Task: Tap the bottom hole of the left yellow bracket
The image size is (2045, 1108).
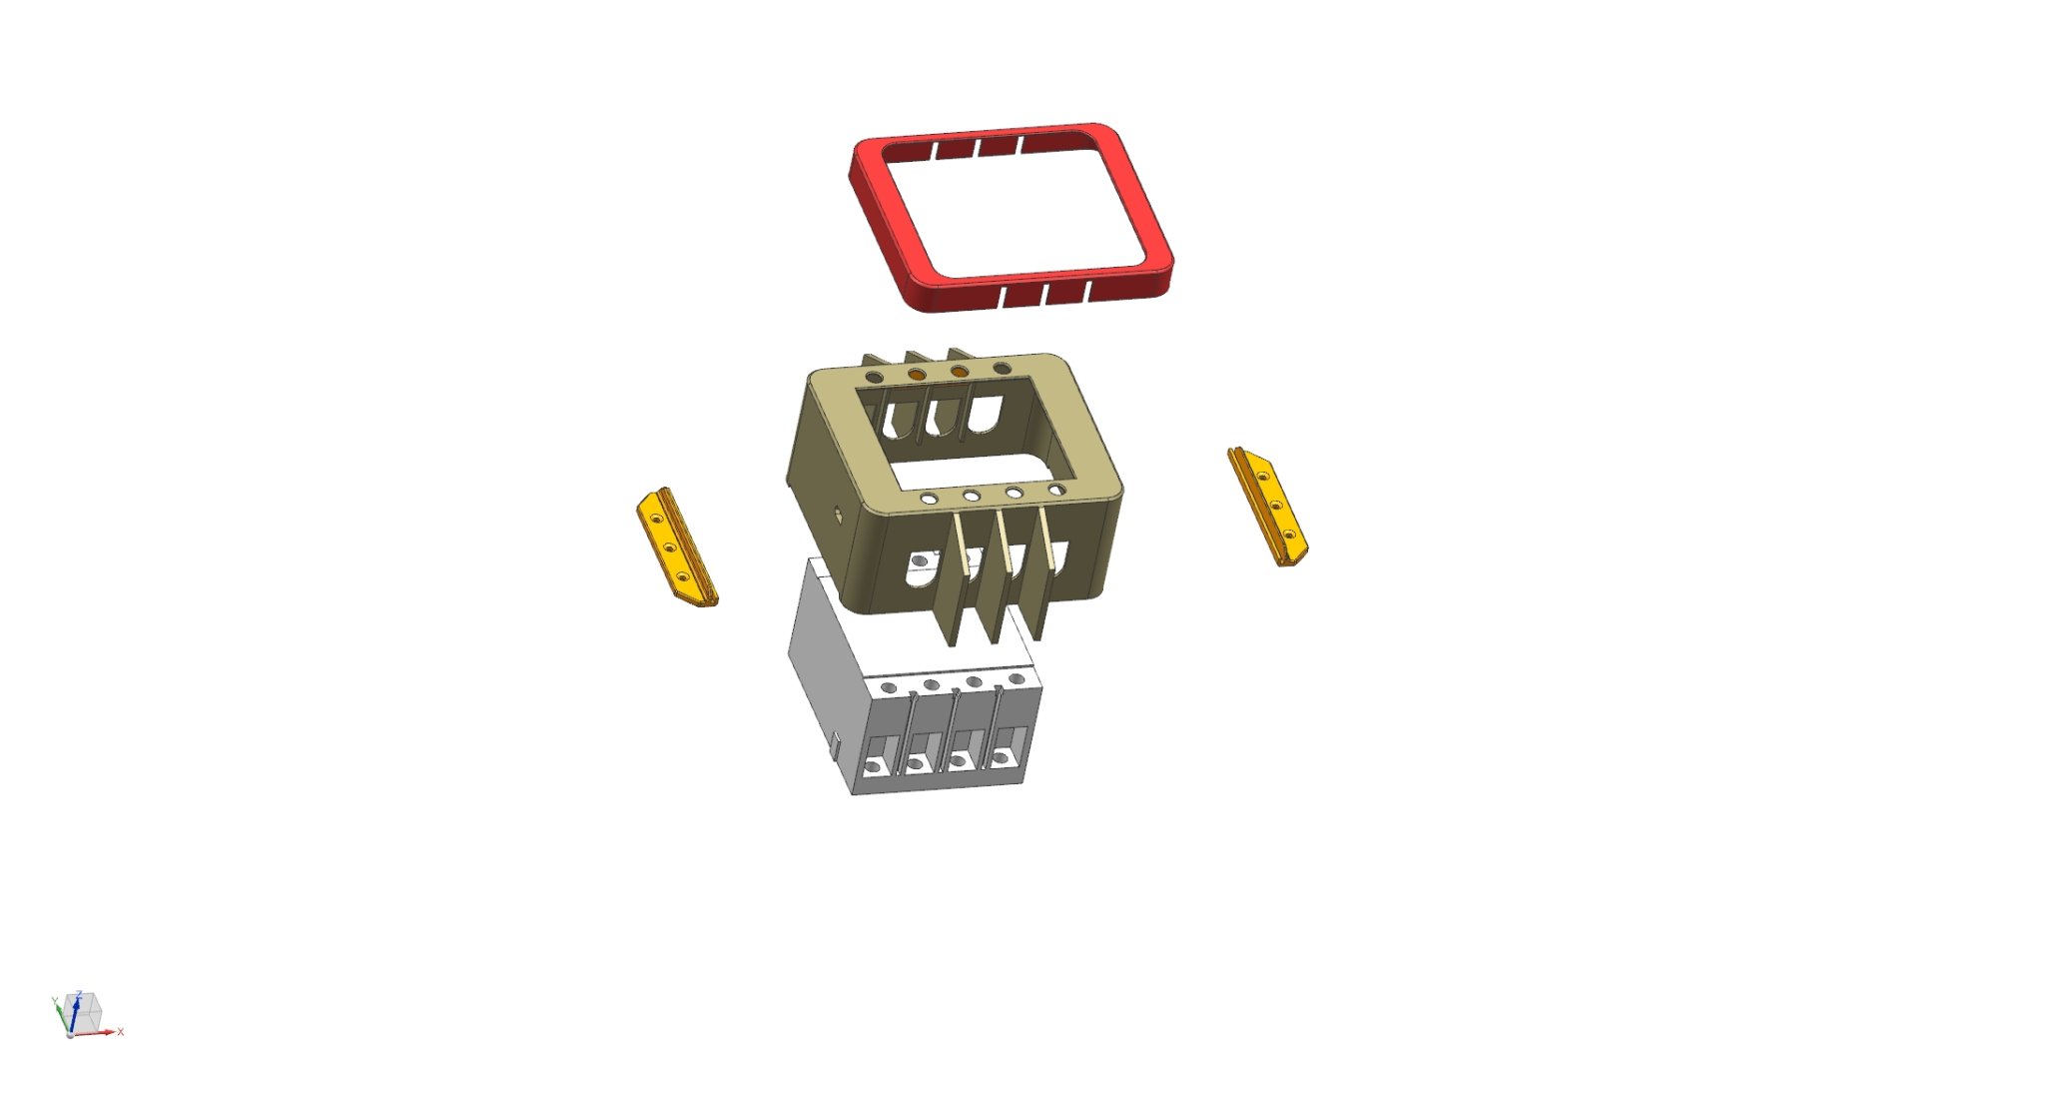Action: [683, 576]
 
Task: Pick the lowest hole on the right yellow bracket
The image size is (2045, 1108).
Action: [1288, 535]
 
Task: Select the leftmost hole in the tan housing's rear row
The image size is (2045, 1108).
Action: [875, 378]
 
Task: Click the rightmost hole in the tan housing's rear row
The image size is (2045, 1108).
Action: [1002, 369]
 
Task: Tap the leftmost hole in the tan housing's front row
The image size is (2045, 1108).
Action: [929, 498]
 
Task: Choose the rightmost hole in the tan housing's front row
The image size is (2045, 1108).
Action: [1056, 490]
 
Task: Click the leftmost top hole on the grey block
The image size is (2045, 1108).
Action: [888, 687]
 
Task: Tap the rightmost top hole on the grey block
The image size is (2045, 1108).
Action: [1017, 678]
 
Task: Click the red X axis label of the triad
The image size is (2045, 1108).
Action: [121, 1032]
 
